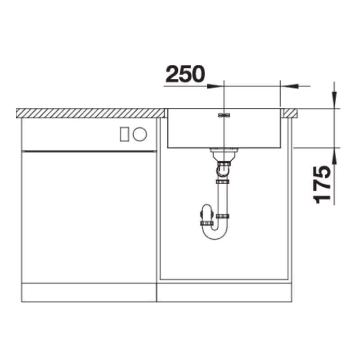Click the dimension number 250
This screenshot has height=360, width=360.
tap(185, 74)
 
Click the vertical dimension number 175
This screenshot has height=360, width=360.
tap(322, 185)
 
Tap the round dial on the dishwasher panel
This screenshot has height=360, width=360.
tap(139, 134)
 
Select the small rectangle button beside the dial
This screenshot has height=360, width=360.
tap(125, 134)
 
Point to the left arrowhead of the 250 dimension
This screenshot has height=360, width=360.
tap(216, 86)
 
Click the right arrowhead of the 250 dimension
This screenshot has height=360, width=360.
tap(289, 86)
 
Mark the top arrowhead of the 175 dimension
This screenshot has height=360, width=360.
tap(334, 100)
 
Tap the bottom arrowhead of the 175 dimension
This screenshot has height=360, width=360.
tap(334, 156)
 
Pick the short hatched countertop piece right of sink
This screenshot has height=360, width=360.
tap(291, 113)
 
